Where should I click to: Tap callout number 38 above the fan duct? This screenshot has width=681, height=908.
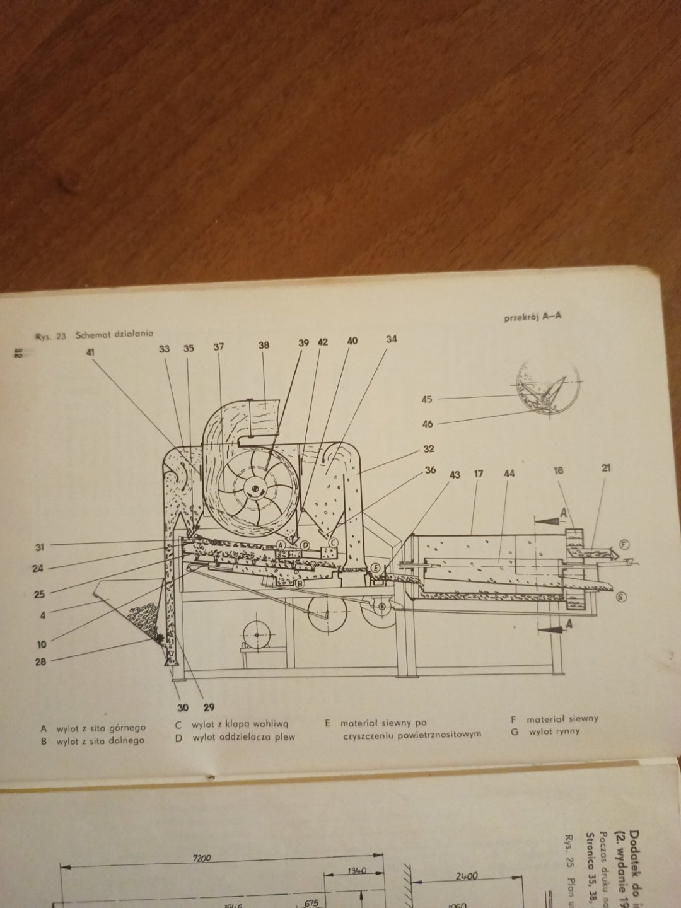click(x=264, y=346)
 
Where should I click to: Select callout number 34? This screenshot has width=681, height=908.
click(x=392, y=340)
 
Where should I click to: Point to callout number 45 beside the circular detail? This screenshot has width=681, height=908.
click(x=427, y=399)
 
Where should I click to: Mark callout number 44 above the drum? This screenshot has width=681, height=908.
click(x=510, y=473)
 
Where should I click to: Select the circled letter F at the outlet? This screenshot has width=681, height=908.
click(x=624, y=544)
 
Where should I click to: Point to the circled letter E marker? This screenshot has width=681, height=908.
click(x=376, y=567)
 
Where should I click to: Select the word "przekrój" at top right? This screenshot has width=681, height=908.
click(x=519, y=318)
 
